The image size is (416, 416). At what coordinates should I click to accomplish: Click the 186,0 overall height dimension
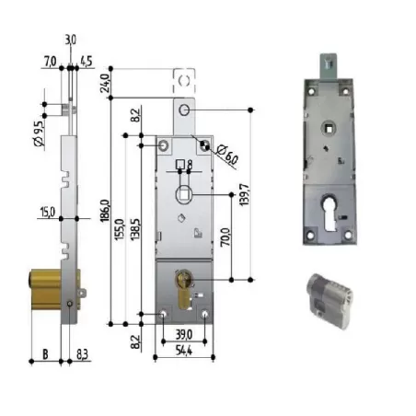coord(105,211)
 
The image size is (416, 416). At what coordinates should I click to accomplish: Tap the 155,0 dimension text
coord(120,229)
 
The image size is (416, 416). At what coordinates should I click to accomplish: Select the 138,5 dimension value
coord(135,229)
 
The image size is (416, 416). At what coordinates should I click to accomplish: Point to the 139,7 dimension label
coord(245,195)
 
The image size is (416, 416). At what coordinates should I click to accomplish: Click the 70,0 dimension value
coord(225,237)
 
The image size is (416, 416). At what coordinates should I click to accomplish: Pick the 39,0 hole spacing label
coord(184,334)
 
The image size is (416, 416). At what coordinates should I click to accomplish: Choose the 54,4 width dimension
coord(184,350)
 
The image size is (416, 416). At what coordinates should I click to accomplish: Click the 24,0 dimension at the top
coord(105,83)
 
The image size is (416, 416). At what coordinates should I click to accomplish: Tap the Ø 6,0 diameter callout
coord(227,156)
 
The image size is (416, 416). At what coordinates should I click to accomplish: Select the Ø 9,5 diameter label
coord(39,133)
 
